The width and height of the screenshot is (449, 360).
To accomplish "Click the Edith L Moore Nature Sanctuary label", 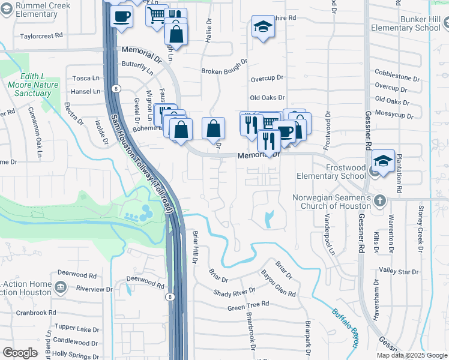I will [40, 85].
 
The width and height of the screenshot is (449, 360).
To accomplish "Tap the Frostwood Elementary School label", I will [337, 172].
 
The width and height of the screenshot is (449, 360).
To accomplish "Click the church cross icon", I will [379, 199].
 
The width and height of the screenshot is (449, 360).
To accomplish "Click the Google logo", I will [19, 352].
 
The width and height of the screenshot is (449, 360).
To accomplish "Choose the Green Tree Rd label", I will [247, 307].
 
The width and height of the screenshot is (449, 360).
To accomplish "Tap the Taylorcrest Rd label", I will [41, 35].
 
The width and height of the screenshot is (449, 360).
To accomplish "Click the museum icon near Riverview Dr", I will [60, 287].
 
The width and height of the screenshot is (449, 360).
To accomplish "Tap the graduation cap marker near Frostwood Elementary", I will [382, 161].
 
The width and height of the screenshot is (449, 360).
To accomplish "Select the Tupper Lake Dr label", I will [76, 328].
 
